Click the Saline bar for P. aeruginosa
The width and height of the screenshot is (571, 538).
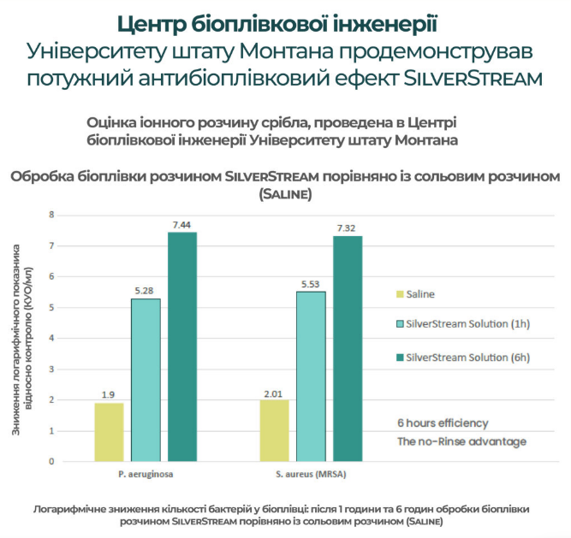[109, 432]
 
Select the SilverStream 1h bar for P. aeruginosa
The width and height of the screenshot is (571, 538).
[146, 380]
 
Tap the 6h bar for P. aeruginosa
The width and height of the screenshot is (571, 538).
[182, 346]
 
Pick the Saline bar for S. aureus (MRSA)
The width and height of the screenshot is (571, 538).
[274, 430]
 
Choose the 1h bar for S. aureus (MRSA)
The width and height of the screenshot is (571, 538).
[311, 376]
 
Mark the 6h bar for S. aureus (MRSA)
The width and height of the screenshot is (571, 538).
[348, 348]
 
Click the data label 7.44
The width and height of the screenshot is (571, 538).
[182, 224]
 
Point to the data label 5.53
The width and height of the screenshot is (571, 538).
[311, 283]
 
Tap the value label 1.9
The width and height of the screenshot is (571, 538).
[109, 394]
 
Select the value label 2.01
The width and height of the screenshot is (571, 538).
[274, 391]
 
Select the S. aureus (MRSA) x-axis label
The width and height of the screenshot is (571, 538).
[311, 473]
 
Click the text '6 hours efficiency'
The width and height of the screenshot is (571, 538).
[443, 423]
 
